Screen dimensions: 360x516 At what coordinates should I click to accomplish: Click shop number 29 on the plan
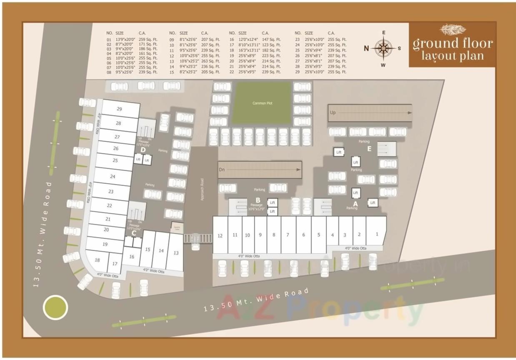119,109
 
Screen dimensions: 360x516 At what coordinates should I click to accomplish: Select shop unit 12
220,236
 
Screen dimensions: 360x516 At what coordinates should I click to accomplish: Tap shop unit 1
377,234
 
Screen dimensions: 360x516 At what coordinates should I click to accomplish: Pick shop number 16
132,257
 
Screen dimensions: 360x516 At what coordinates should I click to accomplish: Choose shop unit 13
176,253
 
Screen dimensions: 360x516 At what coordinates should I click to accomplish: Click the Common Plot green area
262,103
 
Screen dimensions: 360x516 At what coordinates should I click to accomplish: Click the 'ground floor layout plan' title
452,49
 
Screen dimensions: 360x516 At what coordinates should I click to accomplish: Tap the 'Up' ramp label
333,112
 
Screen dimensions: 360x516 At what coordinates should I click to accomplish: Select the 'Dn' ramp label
222,170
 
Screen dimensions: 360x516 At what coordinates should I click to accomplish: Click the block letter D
143,149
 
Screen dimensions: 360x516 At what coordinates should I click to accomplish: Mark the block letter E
369,148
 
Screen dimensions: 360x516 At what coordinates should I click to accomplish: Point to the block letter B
258,200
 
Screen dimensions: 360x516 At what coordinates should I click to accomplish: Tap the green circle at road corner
55,307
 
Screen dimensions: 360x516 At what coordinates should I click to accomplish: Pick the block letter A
355,203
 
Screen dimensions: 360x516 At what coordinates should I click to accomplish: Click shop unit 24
113,177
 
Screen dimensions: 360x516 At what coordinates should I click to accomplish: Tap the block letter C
134,233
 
